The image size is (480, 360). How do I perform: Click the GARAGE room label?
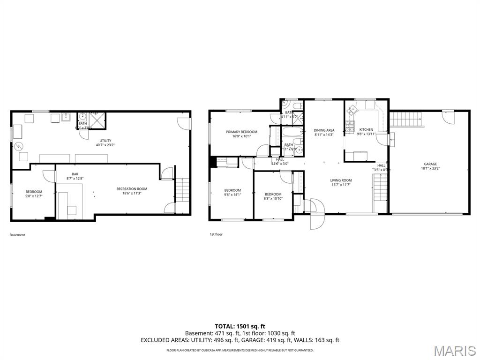[x=430, y=164]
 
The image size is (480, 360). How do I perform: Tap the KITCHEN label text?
[x=366, y=129]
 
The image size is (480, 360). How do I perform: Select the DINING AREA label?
[x=324, y=130]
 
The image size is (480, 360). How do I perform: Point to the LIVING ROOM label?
[x=341, y=180]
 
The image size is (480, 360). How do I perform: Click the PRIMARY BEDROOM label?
[x=241, y=132]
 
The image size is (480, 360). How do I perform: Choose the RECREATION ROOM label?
[x=132, y=189]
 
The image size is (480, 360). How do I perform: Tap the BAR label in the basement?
[x=75, y=174]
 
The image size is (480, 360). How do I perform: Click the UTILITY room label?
[x=105, y=140]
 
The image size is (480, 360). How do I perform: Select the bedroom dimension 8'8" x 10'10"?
[x=273, y=198]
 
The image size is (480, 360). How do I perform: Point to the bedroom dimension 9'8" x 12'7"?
[x=34, y=196]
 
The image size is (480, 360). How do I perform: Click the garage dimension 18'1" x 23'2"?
[x=430, y=168]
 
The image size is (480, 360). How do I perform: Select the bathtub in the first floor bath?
[x=291, y=132]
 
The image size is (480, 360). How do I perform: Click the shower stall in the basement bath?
[x=98, y=120]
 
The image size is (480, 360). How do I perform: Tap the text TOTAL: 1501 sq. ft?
[x=240, y=326]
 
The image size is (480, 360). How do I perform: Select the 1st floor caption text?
[x=216, y=234]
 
